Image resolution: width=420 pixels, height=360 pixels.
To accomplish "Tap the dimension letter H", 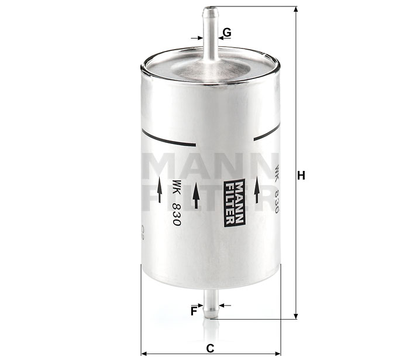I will [x=302, y=175].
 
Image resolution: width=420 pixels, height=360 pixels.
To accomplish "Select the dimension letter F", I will [x=193, y=311].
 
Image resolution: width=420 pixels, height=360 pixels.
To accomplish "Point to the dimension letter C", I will [x=210, y=348].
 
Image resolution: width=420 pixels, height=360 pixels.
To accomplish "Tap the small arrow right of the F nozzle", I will [x=225, y=305].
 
